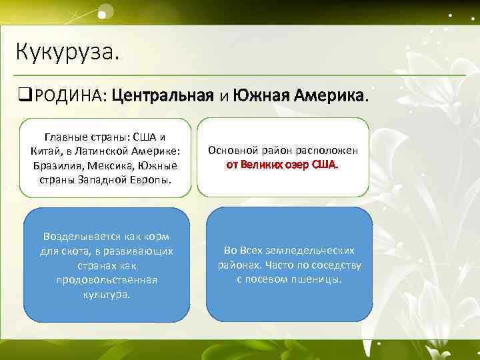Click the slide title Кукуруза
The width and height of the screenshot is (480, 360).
tap(67, 51)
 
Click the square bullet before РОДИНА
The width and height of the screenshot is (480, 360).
tap(25, 97)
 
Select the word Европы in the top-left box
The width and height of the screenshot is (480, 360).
tap(153, 179)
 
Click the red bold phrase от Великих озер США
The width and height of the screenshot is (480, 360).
tap(282, 164)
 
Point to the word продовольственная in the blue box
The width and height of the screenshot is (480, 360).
tap(107, 279)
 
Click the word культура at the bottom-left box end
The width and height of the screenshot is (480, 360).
tap(107, 294)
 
